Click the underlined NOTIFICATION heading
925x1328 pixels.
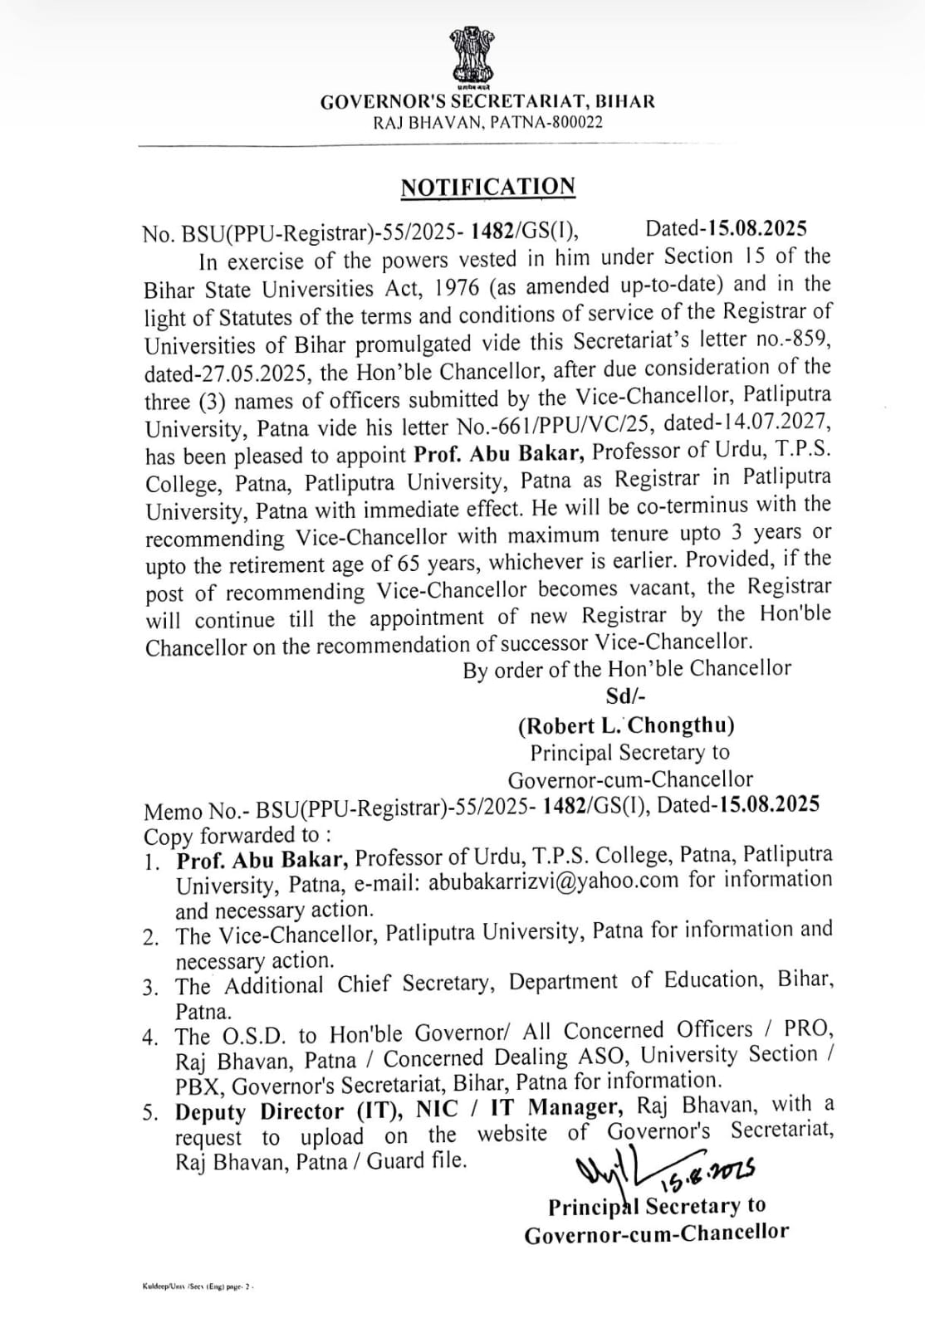coord(487,188)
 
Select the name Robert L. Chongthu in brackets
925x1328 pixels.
coord(626,725)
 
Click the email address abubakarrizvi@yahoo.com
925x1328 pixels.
coord(554,881)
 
